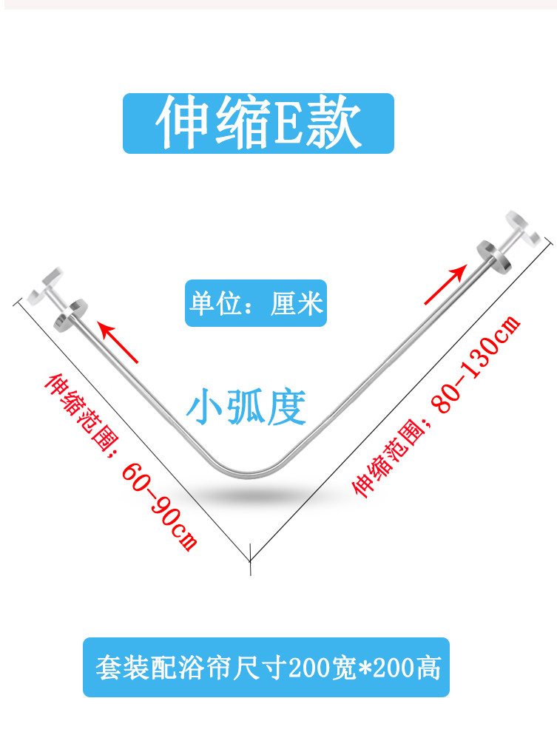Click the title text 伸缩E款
(258, 123)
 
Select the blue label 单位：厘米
(256, 303)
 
